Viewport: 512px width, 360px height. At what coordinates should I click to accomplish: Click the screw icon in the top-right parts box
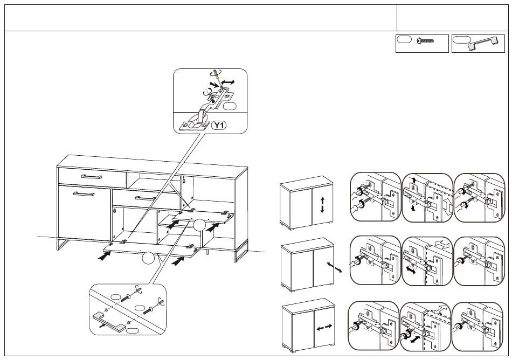(425, 41)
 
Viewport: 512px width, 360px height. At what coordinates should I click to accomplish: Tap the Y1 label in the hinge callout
(219, 126)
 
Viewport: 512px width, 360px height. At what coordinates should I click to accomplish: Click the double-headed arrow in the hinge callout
(227, 82)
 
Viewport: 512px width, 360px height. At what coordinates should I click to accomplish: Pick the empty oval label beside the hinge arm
(230, 106)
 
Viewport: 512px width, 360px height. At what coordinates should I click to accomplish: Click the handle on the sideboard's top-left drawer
(92, 177)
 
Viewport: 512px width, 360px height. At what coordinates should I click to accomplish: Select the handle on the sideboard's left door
(84, 194)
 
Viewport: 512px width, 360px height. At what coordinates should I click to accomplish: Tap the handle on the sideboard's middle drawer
(146, 198)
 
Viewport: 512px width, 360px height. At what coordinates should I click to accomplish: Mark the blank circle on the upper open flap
(199, 225)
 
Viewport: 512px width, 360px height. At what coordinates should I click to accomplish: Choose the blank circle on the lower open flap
(148, 259)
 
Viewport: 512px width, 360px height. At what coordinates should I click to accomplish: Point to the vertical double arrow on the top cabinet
(322, 205)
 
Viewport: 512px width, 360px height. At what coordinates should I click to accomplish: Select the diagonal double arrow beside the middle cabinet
(334, 267)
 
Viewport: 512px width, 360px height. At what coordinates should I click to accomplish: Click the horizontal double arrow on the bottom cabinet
(324, 327)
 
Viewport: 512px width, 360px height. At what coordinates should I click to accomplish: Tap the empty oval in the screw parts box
(404, 39)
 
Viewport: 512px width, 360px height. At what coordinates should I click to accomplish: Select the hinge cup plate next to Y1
(194, 126)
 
